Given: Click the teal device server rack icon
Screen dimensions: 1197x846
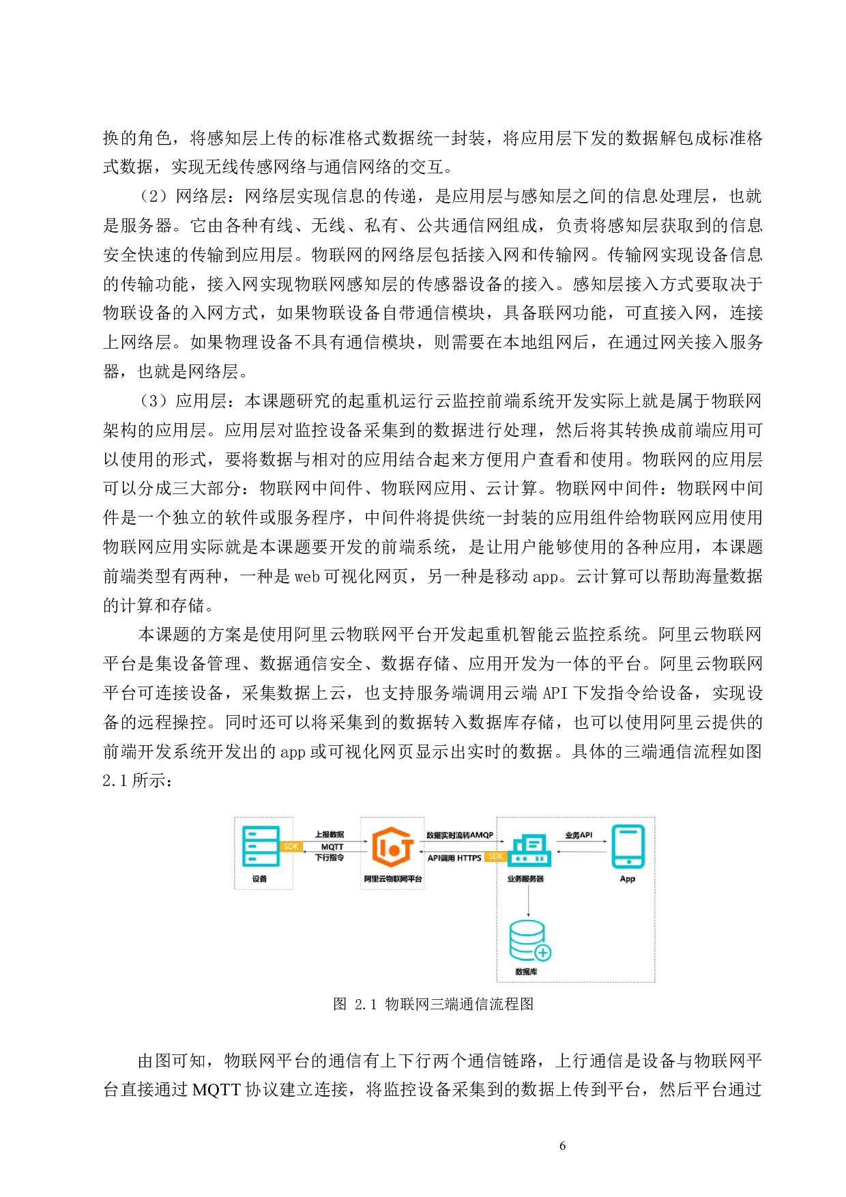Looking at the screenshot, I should [261, 846].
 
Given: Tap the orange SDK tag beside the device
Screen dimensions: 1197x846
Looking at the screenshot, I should [291, 846].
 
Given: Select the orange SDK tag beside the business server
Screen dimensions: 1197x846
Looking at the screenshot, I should [496, 856].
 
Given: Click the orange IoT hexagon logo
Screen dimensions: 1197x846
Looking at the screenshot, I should [392, 847].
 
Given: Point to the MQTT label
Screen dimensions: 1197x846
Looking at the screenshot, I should [332, 847].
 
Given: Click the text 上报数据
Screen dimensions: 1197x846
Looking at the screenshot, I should [330, 835].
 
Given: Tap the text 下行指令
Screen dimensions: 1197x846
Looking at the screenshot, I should [330, 858].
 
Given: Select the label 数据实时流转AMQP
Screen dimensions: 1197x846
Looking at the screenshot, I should [460, 835].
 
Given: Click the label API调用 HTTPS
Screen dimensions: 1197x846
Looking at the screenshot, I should [454, 859].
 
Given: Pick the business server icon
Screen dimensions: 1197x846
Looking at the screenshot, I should [530, 850].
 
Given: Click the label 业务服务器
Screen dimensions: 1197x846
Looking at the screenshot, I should [525, 879].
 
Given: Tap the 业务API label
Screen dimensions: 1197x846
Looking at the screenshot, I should [579, 835].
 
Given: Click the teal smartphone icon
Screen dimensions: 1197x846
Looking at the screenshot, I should [628, 846].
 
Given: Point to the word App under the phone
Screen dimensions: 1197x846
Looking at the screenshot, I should [628, 879].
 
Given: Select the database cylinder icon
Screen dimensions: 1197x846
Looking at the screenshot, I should [527, 940].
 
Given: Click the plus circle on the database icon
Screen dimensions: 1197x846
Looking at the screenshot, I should [543, 953].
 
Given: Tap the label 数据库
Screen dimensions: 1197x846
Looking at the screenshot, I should [526, 972].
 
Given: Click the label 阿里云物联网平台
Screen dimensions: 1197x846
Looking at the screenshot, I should [393, 879].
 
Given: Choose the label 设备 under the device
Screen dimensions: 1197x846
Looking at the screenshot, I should [260, 879].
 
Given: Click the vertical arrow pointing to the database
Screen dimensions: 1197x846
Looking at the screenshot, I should [528, 901].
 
